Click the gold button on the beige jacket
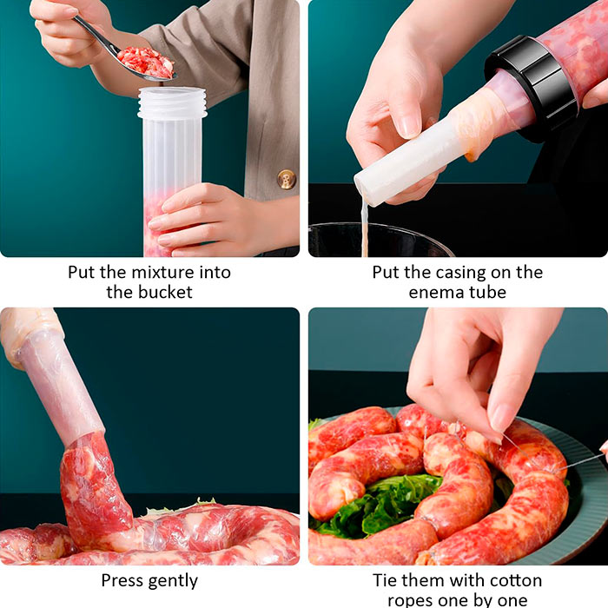coord(287,179)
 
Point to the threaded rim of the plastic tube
coord(172,102)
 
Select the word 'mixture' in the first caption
coord(162,272)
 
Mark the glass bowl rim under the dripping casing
coord(382,228)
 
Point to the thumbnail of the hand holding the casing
coord(409,126)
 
